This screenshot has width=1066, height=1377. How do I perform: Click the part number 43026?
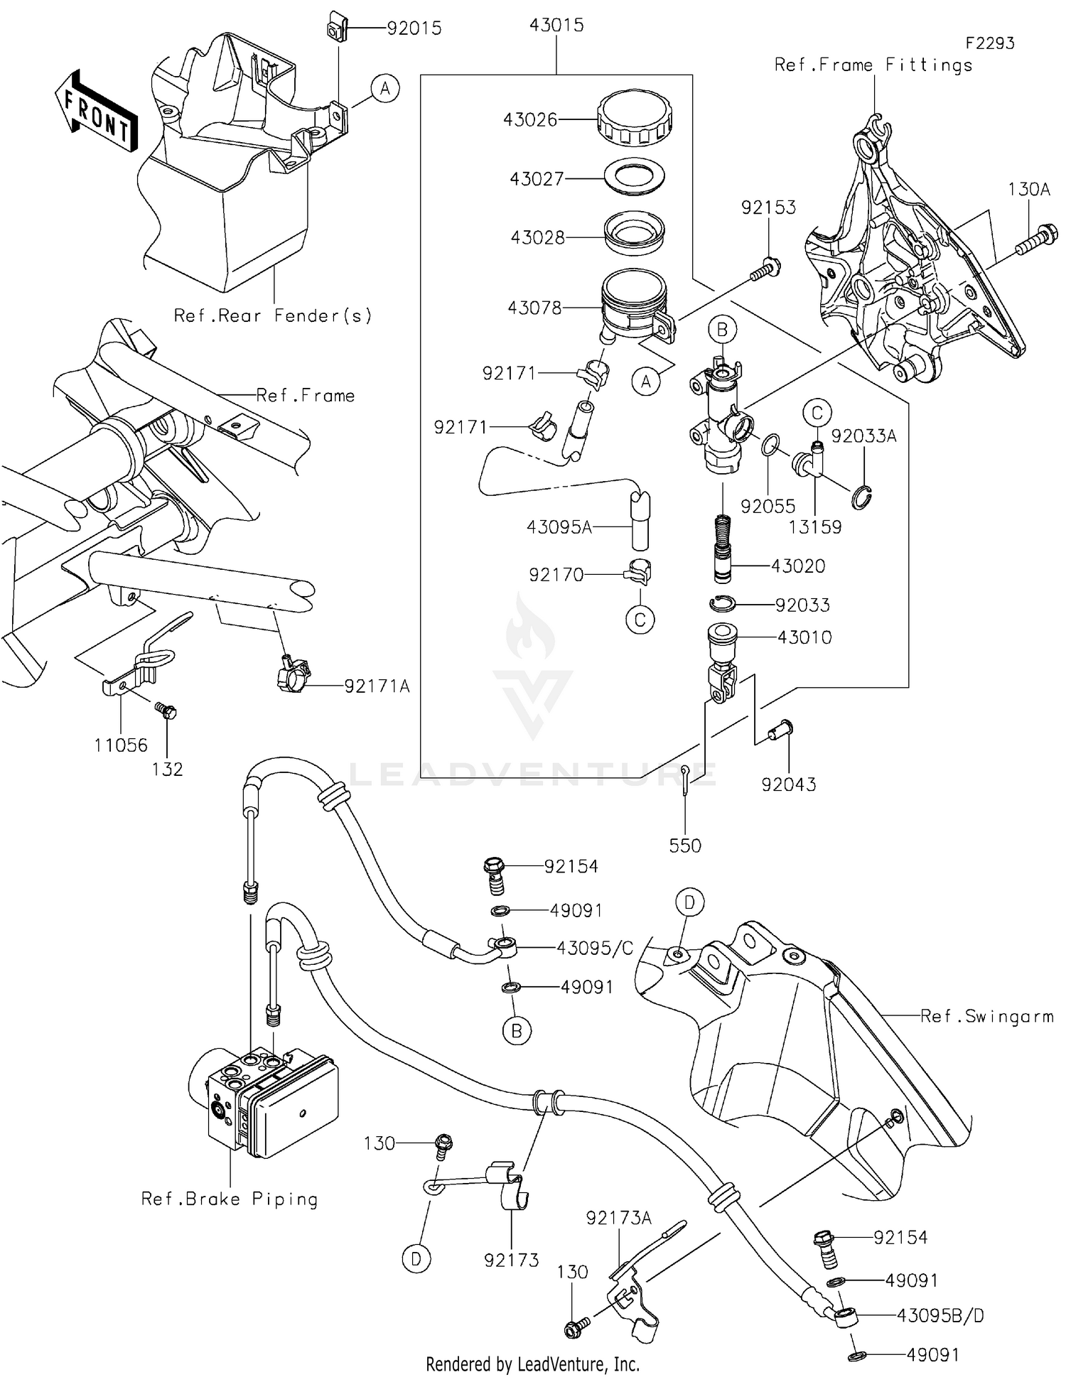(530, 119)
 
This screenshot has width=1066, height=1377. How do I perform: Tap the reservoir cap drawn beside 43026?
(635, 117)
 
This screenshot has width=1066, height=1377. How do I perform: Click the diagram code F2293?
(989, 43)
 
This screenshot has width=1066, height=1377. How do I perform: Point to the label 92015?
(414, 28)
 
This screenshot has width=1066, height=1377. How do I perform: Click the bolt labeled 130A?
(1038, 239)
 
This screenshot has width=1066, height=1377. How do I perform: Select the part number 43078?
(534, 308)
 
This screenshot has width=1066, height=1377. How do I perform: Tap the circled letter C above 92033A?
(817, 413)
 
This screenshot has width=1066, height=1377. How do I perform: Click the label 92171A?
(377, 686)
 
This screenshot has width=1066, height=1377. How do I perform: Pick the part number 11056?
(121, 745)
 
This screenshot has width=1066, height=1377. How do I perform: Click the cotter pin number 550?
(685, 846)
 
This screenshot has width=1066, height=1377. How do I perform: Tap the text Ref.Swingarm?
(986, 1016)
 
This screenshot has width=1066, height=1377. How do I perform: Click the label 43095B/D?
(940, 1315)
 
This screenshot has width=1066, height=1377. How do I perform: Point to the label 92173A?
(618, 1218)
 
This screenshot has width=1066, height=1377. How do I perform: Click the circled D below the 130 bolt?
(416, 1259)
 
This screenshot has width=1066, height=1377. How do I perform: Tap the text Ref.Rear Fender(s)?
(273, 315)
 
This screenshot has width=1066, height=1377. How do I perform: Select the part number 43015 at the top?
(556, 26)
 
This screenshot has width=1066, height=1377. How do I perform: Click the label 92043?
(789, 784)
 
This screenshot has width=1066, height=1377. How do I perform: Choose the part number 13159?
(815, 527)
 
